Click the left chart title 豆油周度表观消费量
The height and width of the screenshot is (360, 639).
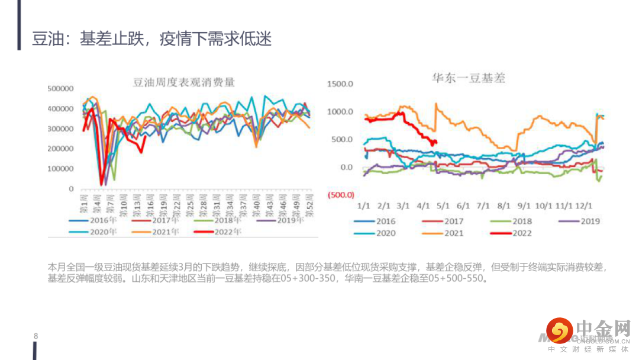point(184,82)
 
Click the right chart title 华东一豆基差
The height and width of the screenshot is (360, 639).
point(468,78)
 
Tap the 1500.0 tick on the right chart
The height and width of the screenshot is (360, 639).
point(340,84)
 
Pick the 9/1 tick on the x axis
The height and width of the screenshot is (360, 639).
point(524,206)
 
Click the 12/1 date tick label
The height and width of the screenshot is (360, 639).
point(584,206)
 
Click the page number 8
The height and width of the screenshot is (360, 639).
point(36,336)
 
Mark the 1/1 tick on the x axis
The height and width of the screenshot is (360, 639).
point(363,206)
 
